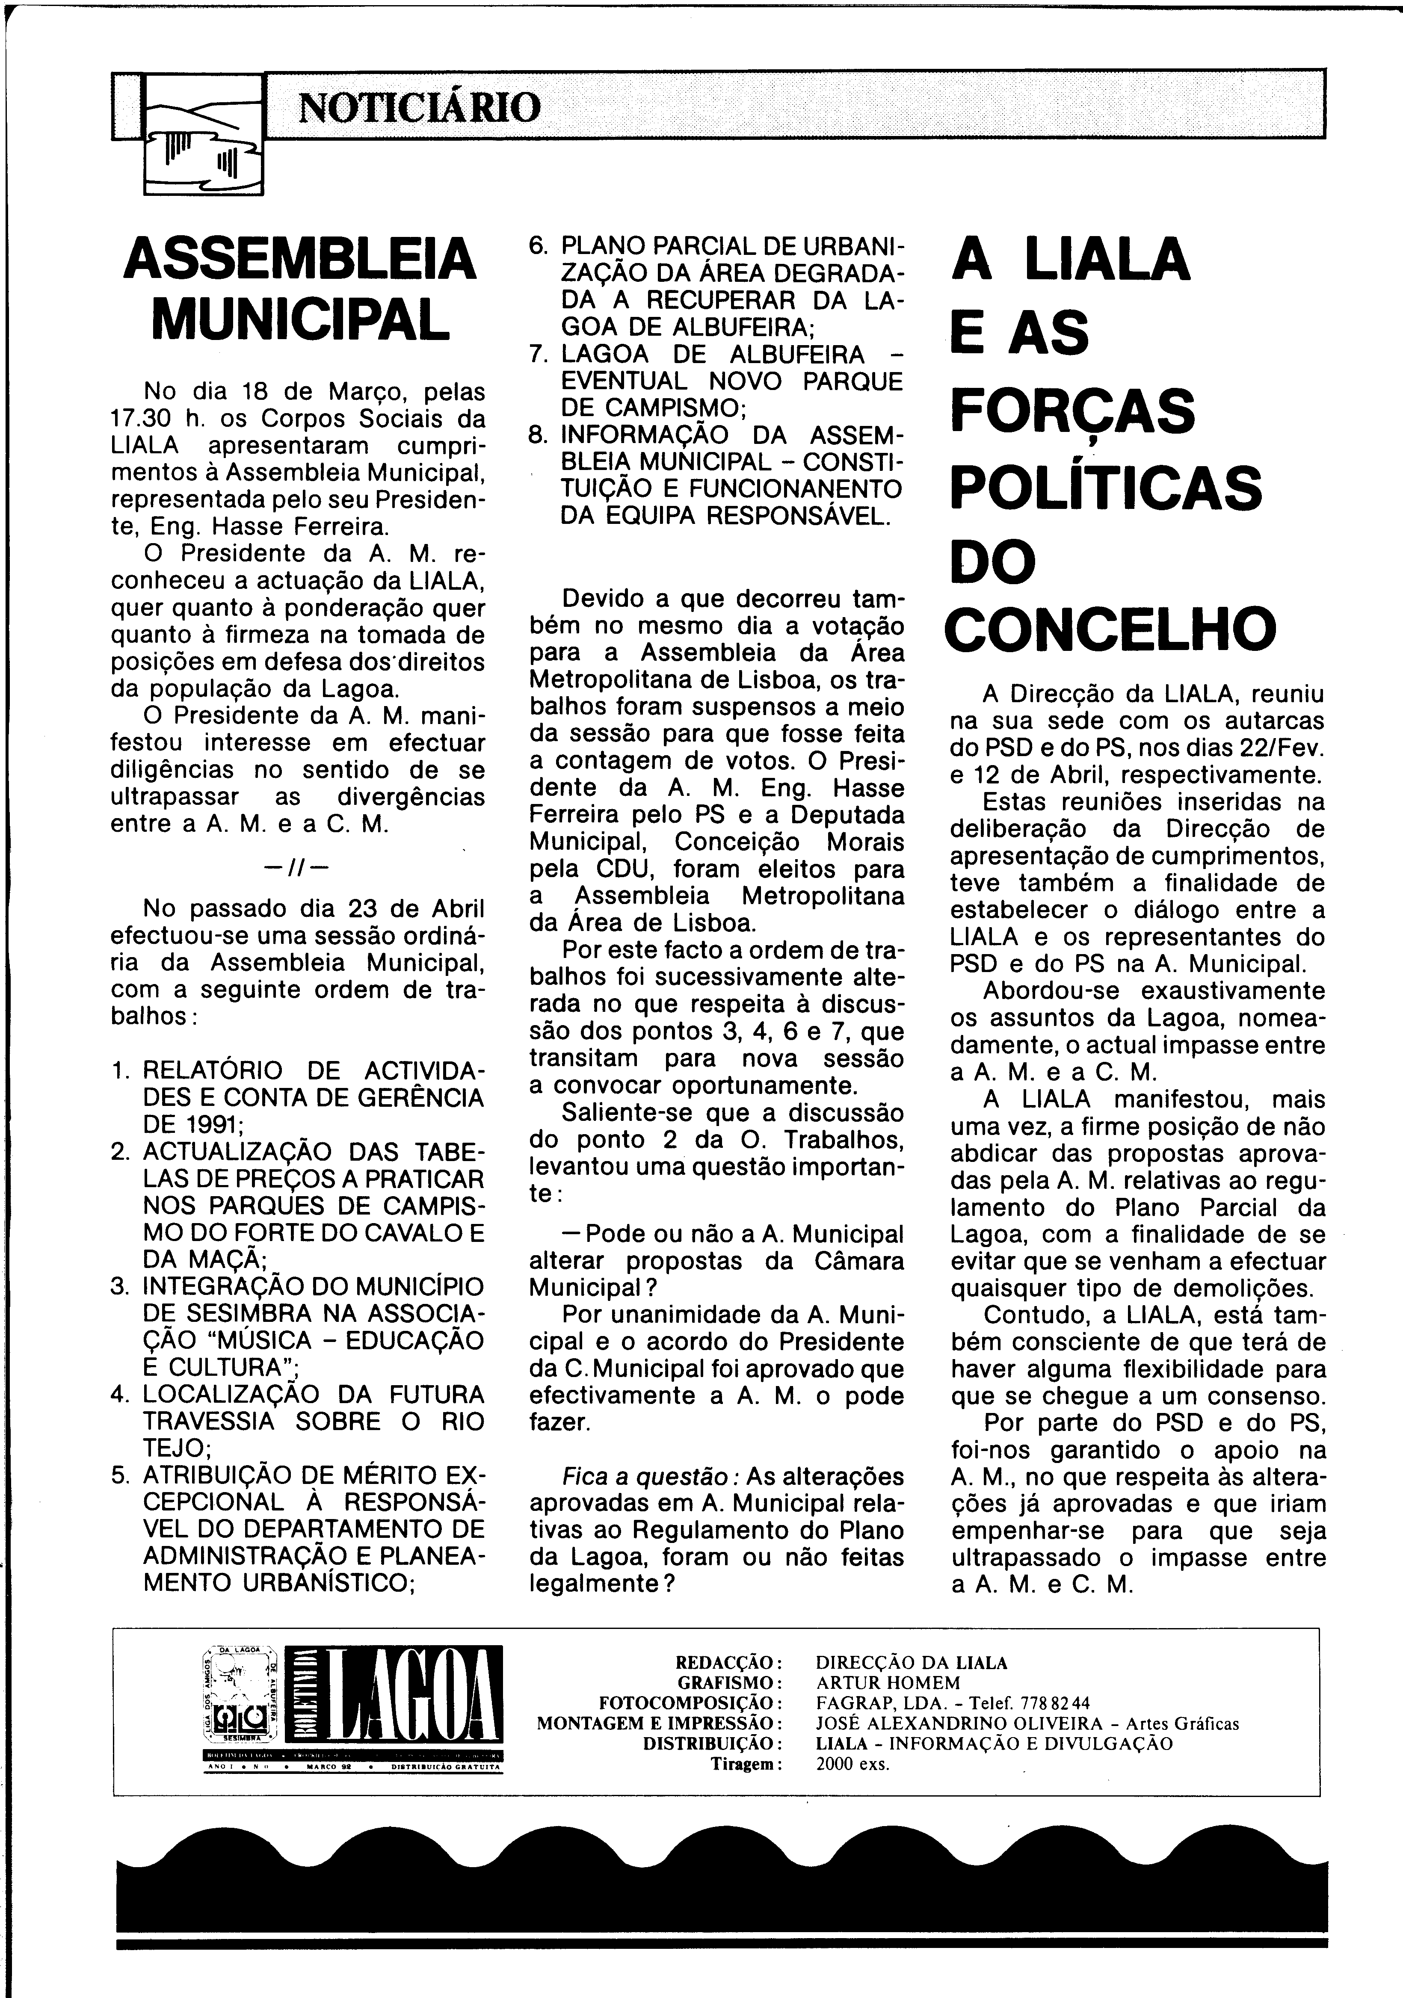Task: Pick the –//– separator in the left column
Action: [x=297, y=867]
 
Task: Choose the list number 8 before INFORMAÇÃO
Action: [x=538, y=434]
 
